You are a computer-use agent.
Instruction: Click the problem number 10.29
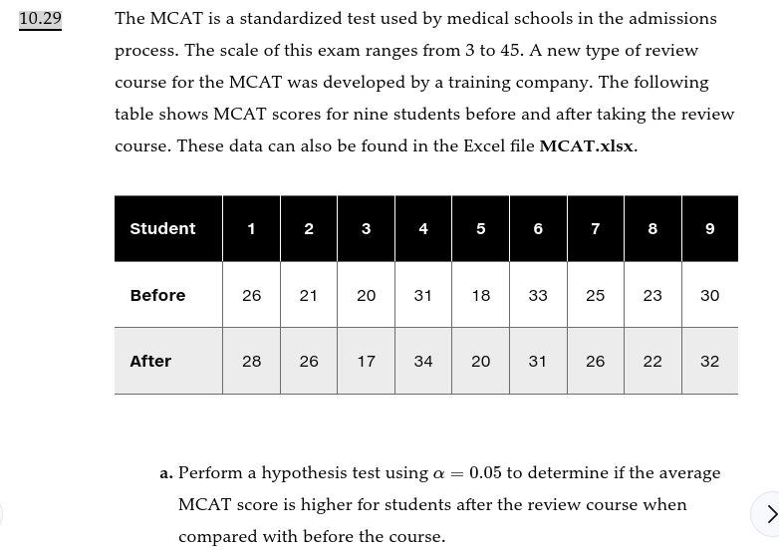click(x=40, y=19)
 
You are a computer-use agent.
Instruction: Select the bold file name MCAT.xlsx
click(x=587, y=146)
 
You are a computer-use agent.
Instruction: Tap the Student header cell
click(x=162, y=229)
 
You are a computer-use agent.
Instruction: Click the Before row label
click(x=157, y=296)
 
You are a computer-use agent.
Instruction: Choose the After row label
click(x=150, y=362)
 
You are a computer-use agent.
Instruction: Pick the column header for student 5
click(x=481, y=229)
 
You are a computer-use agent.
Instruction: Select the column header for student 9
click(x=710, y=229)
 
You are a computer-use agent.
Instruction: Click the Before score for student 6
click(x=538, y=296)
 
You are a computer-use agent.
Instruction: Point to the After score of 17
click(x=367, y=362)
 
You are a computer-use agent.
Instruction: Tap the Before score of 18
click(x=481, y=296)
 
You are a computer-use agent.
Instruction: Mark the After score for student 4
click(x=423, y=362)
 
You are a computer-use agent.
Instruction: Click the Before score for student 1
click(x=252, y=296)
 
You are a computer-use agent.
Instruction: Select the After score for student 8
click(x=652, y=362)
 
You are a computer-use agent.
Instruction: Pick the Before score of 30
click(x=710, y=296)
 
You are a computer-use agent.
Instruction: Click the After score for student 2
click(x=309, y=362)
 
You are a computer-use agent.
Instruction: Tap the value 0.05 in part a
click(x=485, y=473)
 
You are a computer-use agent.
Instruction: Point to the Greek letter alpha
click(x=439, y=474)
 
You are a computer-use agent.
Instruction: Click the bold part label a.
click(x=166, y=474)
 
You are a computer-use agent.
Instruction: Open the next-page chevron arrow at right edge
click(x=770, y=514)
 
